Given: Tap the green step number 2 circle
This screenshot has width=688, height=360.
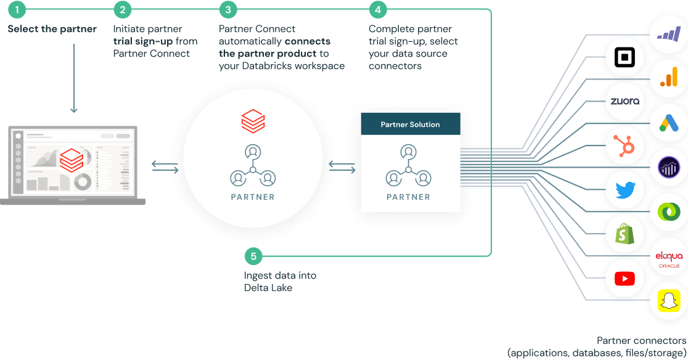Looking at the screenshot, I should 123,9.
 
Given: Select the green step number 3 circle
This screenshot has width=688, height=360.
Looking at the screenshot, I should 229,9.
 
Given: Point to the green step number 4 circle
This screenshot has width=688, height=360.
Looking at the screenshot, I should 377,9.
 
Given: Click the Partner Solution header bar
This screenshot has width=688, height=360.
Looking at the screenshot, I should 410,124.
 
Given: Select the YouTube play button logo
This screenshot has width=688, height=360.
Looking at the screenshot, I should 625,279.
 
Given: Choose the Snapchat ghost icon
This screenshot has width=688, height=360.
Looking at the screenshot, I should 668,301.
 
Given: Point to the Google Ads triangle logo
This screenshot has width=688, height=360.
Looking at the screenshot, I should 668,123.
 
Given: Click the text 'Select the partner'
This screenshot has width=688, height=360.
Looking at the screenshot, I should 52,29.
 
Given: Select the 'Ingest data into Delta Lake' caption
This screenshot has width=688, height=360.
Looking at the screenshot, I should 280,281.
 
